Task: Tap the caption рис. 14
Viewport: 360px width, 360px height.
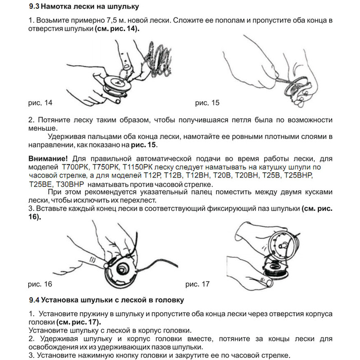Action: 40,103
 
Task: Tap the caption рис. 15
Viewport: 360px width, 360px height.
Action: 207,103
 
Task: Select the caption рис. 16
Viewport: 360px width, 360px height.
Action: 40,283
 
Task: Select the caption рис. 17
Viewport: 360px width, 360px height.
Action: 197,283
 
